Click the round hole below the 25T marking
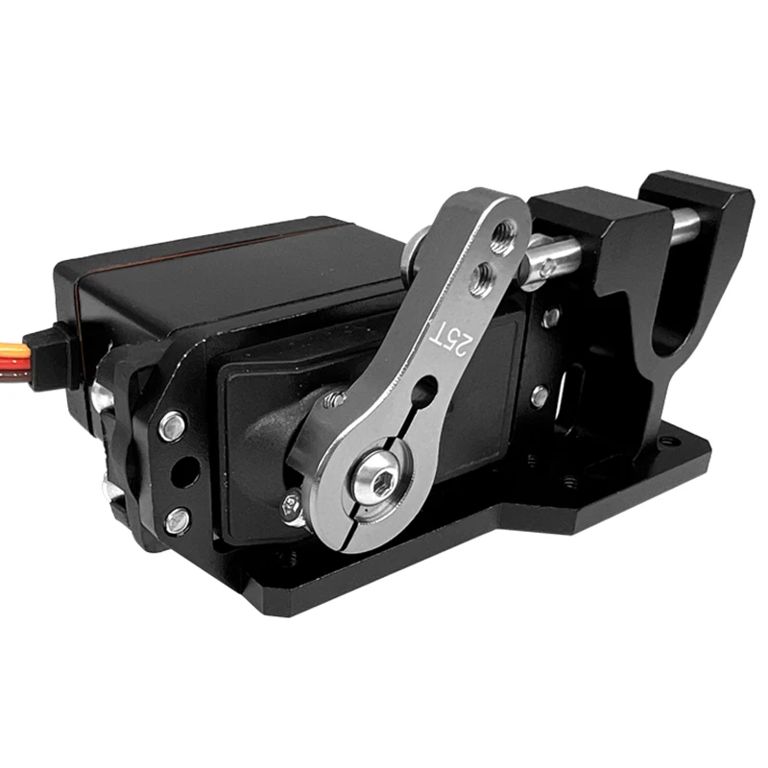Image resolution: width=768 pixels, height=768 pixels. tap(423, 391)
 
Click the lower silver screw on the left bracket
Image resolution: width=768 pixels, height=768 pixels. tap(177, 521)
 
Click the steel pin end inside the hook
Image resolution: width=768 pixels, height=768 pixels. tap(684, 226)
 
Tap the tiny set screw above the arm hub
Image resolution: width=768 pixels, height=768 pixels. tap(334, 399)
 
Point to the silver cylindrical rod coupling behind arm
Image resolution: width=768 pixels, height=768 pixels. tap(552, 259)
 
